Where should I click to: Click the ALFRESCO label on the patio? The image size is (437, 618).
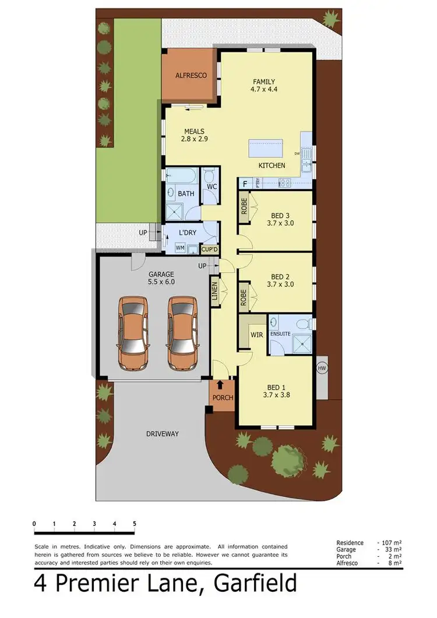tap(191, 75)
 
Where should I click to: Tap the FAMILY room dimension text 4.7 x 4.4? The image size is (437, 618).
tap(263, 90)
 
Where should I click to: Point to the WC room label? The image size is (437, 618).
tap(212, 187)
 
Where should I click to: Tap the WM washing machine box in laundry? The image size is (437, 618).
tap(181, 248)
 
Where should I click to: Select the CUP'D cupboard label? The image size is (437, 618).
tap(209, 249)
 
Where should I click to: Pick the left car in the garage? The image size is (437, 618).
tap(133, 332)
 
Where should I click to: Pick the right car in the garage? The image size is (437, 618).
tap(182, 332)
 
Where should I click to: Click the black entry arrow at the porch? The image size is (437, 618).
tap(220, 385)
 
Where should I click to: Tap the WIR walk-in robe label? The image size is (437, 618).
tap(256, 335)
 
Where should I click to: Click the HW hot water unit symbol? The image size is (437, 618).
tap(321, 368)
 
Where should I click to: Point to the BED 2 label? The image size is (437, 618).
tap(280, 277)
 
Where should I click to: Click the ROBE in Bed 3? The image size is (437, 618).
tap(244, 208)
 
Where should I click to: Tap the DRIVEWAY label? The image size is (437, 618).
tap(162, 434)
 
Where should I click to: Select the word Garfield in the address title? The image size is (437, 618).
tap(256, 583)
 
